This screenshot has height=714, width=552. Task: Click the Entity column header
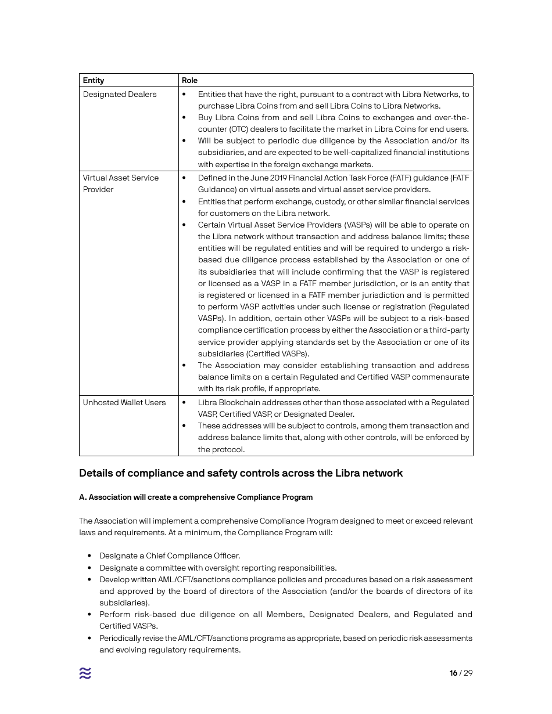pos(94,80)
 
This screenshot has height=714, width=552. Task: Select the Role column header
pos(189,80)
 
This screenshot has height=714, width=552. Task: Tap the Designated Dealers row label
pos(120,94)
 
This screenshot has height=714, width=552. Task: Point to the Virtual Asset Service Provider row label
pos(120,183)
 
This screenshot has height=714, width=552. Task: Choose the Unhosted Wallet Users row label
pos(124,402)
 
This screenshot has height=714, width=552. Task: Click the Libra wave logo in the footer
pos(85,673)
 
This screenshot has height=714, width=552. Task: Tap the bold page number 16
pos(453,673)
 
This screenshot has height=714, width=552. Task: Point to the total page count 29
pos(468,673)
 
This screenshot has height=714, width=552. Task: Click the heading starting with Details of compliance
pos(241,473)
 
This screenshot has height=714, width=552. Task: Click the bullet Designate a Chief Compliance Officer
pos(170,556)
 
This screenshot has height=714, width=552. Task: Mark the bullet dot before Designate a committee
pos(89,568)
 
